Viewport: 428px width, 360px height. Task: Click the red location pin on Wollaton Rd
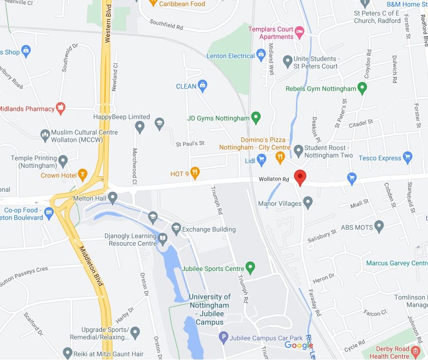[x=300, y=177]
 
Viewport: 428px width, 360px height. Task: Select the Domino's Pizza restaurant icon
[x=280, y=157]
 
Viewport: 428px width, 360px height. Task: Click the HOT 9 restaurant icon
[x=195, y=174]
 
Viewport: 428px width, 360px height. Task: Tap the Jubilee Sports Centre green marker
[x=251, y=269]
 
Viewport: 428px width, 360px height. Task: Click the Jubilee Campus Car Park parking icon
[x=224, y=337]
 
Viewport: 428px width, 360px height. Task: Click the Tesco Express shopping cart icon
[x=407, y=158]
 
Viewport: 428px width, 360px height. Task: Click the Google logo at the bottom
[x=299, y=345]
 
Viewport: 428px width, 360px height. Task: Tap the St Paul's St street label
[x=190, y=143]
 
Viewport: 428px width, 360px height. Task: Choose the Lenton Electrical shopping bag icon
[x=261, y=56]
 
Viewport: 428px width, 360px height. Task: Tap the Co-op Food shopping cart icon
[x=49, y=214]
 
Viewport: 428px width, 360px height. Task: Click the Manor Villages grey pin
[x=308, y=203]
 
